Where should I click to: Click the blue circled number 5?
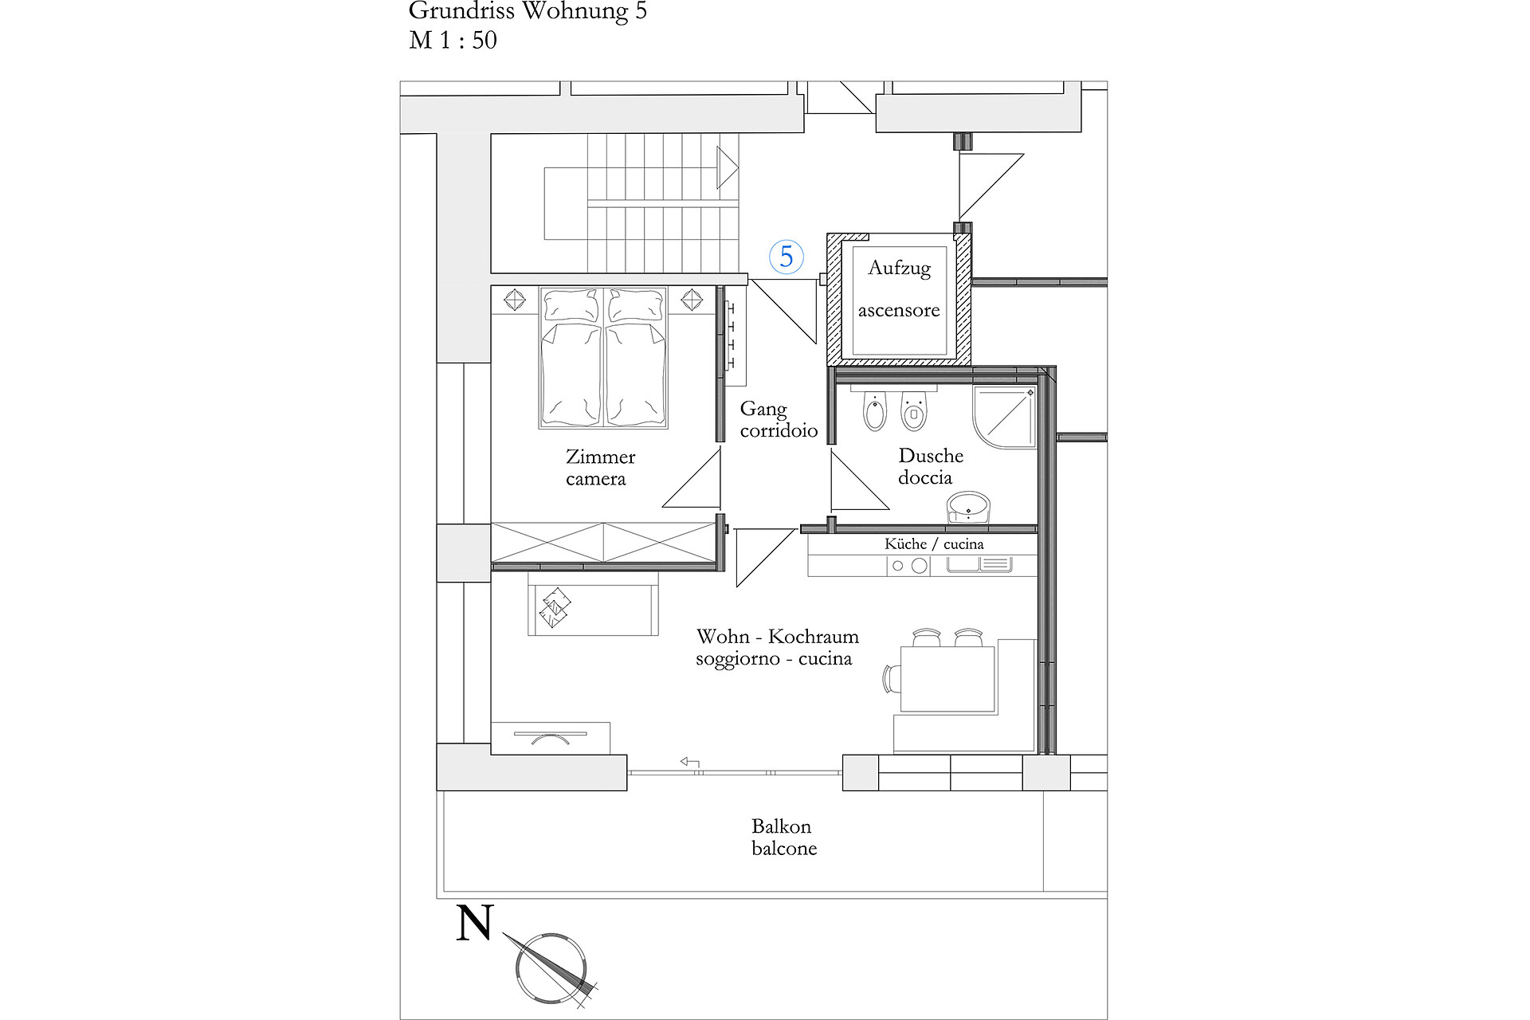click(x=787, y=257)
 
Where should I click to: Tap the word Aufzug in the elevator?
click(x=900, y=268)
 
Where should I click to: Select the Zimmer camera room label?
click(x=600, y=468)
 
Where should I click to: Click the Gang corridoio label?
click(x=779, y=420)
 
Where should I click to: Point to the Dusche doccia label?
click(x=930, y=466)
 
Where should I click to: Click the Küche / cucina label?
click(x=934, y=544)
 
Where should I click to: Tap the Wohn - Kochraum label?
click(x=778, y=637)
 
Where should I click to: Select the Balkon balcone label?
click(x=784, y=838)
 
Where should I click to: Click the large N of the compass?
click(x=475, y=923)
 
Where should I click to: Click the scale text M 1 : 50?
click(x=453, y=40)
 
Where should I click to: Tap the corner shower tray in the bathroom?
click(x=1005, y=418)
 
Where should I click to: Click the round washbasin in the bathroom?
click(x=969, y=507)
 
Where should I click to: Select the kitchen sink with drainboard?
click(x=979, y=565)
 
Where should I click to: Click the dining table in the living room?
click(x=947, y=679)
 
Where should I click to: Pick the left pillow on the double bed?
click(x=571, y=305)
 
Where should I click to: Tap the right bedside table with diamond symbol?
click(x=692, y=300)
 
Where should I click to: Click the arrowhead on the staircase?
click(x=728, y=168)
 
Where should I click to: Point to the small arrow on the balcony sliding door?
click(x=689, y=762)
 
